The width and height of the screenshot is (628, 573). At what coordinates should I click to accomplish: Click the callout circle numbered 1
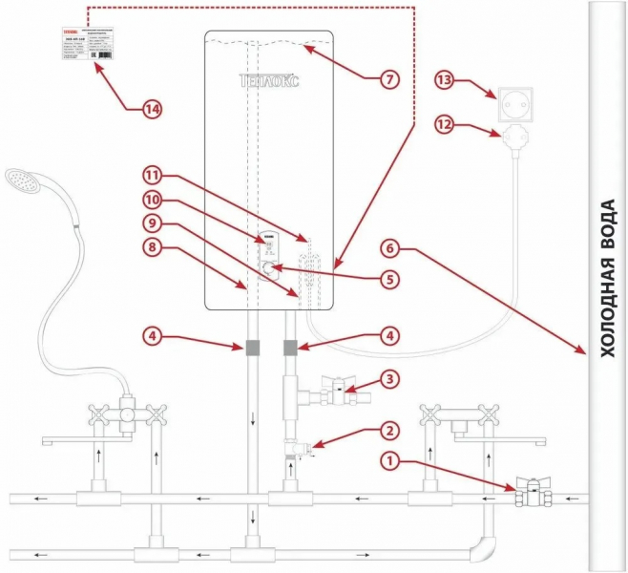[390, 461]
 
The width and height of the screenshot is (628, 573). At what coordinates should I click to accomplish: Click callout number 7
[387, 80]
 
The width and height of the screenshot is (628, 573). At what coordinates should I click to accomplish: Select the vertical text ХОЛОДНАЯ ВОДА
[607, 277]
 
